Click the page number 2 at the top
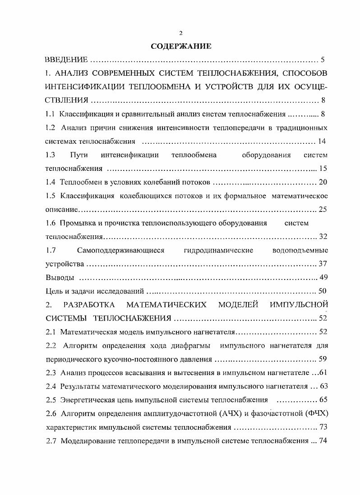coord(180,32)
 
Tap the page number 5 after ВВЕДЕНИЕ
coord(323,60)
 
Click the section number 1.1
coord(51,114)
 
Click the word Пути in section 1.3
coord(78,155)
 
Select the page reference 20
coord(322,182)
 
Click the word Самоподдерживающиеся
coord(120,250)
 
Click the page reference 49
coord(323,277)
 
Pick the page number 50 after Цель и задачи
coord(323,291)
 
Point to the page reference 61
coord(322,373)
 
